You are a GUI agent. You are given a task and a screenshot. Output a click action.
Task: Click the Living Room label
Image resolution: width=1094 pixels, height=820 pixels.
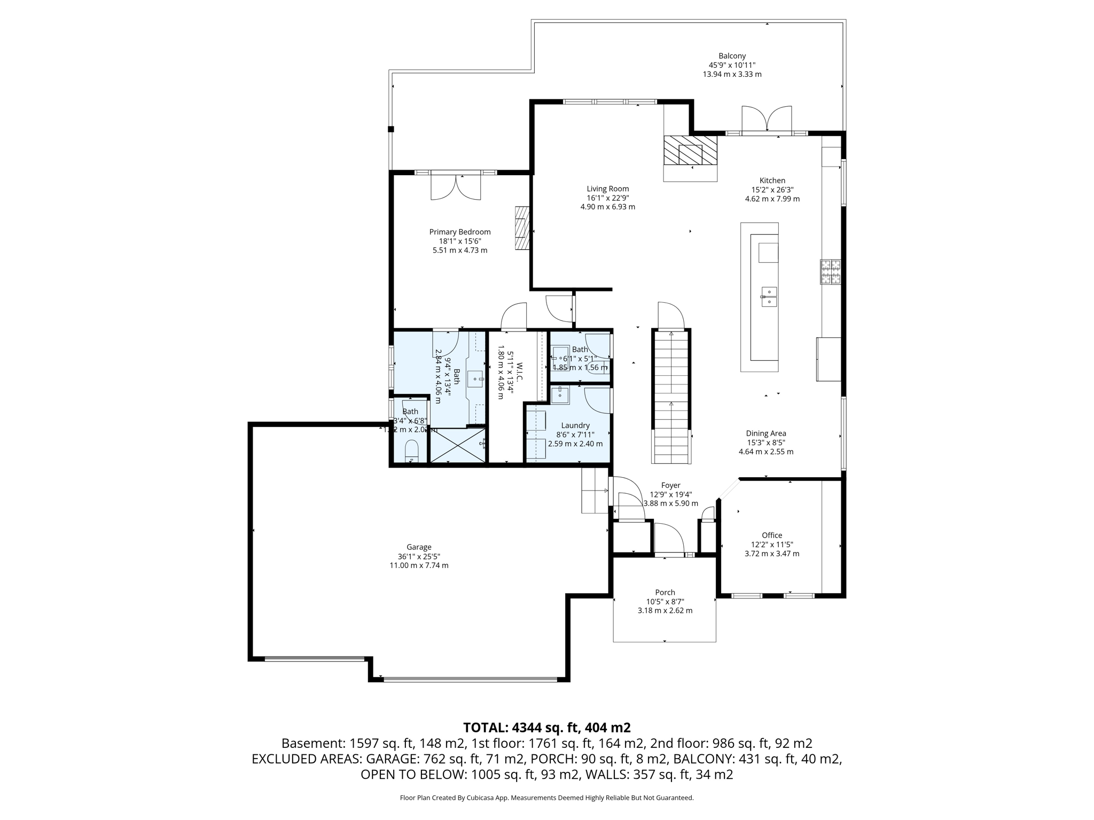tap(607, 188)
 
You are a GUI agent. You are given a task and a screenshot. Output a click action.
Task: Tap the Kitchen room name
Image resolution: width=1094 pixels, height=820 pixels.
tap(772, 180)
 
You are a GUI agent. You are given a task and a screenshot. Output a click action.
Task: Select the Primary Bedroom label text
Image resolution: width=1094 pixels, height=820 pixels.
tap(459, 232)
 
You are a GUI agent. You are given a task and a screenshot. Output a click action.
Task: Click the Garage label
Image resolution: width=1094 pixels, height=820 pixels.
tap(418, 547)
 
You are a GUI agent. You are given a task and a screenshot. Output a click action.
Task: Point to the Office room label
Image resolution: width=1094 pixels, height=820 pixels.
tap(771, 535)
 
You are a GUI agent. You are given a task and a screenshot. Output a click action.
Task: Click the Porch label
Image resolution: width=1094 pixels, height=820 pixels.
tap(665, 592)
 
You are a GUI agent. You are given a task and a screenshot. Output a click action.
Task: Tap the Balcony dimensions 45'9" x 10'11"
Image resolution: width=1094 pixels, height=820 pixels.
tap(731, 65)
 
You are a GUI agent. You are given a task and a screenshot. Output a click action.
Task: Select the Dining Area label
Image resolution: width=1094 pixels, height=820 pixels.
tap(765, 433)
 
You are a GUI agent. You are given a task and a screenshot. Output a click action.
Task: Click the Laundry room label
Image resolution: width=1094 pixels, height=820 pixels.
tap(575, 425)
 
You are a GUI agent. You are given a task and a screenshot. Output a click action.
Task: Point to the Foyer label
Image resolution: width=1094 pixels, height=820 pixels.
tap(670, 485)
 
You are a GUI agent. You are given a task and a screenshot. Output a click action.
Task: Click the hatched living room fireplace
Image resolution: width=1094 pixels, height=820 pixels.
tap(690, 151)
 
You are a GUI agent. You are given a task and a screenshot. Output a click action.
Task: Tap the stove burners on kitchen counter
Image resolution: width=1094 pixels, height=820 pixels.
tap(830, 272)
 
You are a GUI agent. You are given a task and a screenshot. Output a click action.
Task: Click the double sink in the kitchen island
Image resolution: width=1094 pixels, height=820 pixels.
tap(768, 297)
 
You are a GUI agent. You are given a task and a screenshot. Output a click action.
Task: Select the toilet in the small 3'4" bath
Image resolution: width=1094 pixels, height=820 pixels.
tap(411, 450)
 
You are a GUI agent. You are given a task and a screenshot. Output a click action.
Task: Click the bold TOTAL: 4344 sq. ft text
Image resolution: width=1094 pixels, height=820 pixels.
tap(546, 727)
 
